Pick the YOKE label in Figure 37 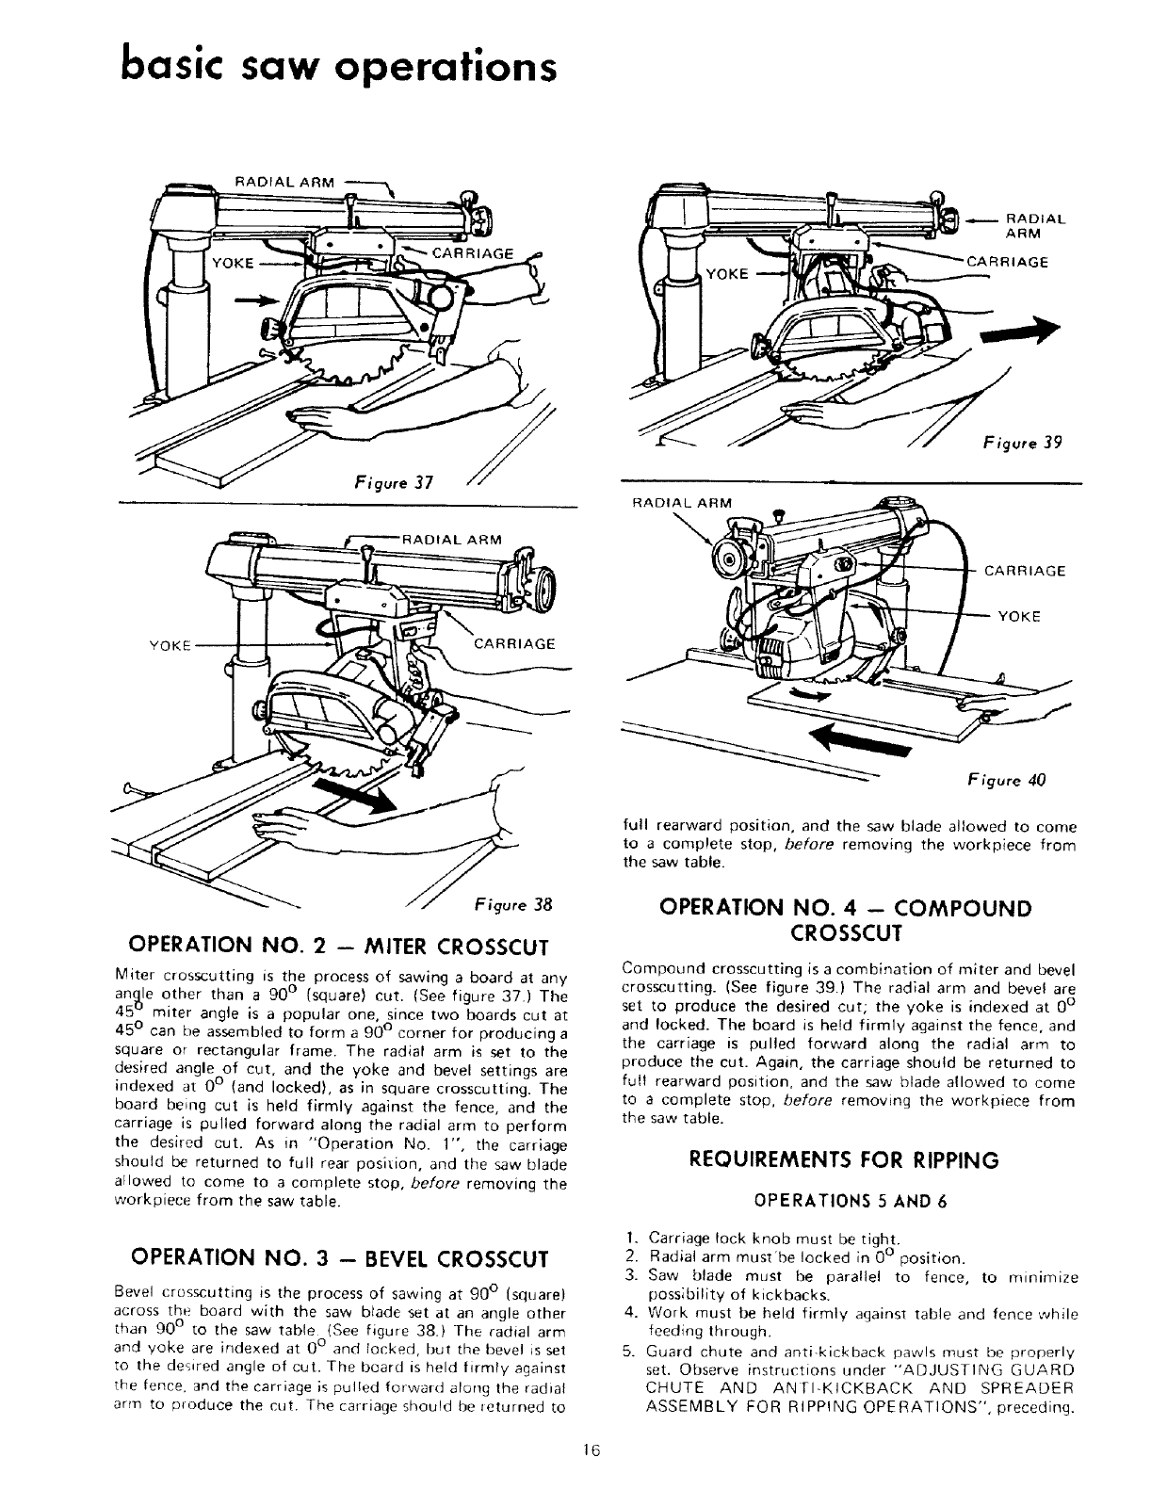[231, 264]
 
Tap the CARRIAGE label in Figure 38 [514, 644]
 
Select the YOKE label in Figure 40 [1018, 617]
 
